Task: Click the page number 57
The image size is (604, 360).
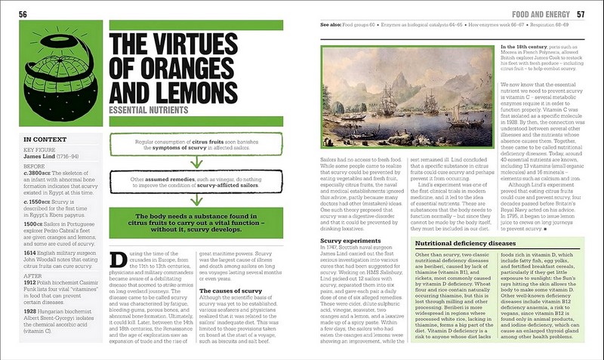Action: point(580,14)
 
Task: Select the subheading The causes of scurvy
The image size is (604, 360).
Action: point(230,290)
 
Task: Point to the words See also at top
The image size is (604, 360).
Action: point(331,25)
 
